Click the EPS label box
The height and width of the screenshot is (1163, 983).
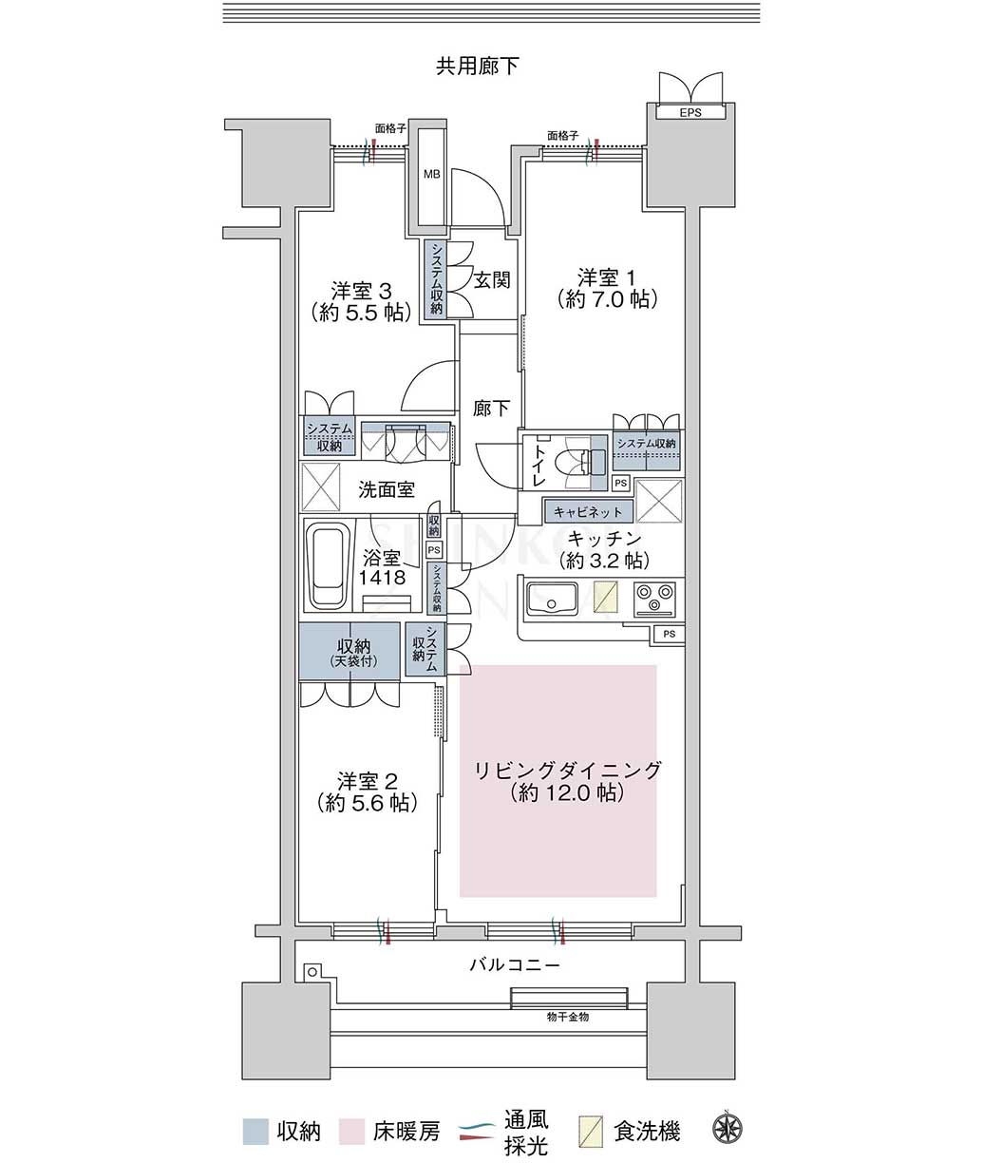pos(690,112)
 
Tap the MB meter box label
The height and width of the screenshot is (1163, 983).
pos(432,175)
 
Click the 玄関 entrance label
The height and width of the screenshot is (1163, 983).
pos(492,279)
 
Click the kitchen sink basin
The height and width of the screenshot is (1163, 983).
pos(552,600)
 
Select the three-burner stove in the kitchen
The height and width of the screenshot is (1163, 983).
pos(654,598)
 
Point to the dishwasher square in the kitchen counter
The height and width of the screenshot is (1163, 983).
pos(606,597)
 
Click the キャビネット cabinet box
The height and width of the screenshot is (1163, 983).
pos(588,511)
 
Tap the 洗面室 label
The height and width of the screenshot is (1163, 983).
pos(387,489)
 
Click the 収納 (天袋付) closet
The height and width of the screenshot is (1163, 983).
pos(350,652)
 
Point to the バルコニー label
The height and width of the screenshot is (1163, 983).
pos(515,964)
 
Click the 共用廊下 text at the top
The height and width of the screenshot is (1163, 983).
pos(478,67)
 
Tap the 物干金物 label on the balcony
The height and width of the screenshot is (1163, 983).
pos(567,1017)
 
